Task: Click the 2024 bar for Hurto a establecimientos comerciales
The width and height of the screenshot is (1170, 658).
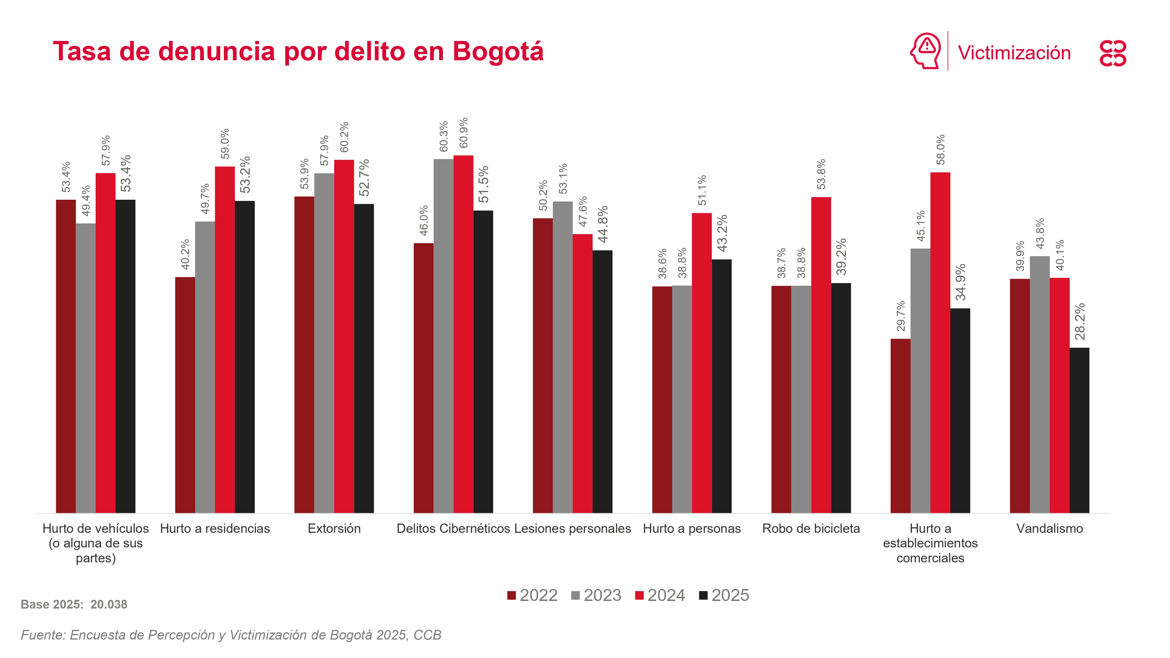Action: (x=940, y=342)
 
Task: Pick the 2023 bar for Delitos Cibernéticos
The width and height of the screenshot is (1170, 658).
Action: (x=443, y=336)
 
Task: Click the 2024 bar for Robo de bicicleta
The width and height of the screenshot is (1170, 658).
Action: (x=821, y=355)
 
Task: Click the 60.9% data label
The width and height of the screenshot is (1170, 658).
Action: (x=463, y=132)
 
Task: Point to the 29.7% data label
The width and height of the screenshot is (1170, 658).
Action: (x=901, y=316)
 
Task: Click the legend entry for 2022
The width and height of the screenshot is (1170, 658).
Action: (x=532, y=595)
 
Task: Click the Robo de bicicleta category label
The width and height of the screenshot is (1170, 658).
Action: (x=811, y=528)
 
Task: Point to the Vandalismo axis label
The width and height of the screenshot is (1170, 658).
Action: (x=1049, y=528)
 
